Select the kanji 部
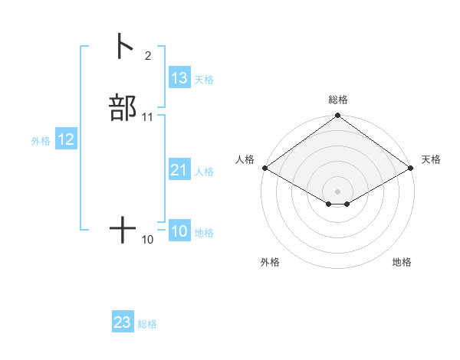(123, 108)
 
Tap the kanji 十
(123, 230)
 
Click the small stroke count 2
(147, 56)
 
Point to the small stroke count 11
(147, 117)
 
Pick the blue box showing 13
(179, 78)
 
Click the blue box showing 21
(179, 170)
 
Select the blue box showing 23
(123, 322)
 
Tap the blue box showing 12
(66, 139)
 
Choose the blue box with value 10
(179, 231)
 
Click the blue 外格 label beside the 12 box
(40, 141)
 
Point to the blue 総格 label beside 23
(147, 324)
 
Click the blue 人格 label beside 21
(204, 172)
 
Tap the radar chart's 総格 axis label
(337, 100)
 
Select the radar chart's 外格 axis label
(270, 262)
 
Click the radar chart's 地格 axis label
(402, 262)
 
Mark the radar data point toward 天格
(412, 168)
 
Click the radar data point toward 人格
(264, 168)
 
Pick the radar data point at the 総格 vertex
(337, 116)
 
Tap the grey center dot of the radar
(337, 191)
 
